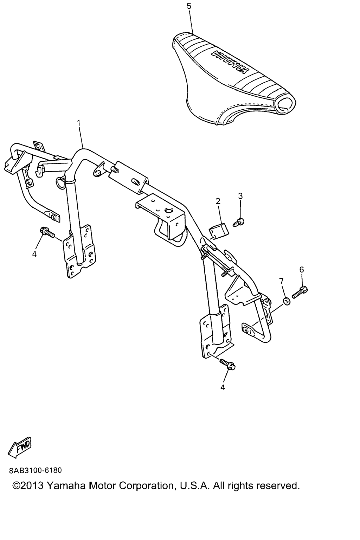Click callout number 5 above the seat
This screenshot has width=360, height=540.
(189, 6)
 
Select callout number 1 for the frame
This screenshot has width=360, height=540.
(79, 123)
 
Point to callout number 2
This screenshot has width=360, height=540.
(218, 201)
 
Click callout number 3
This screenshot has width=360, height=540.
(240, 196)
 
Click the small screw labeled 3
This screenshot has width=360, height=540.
(239, 222)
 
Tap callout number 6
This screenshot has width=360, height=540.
(302, 269)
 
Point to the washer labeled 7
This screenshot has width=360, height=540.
(287, 301)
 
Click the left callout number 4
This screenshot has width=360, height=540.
(34, 254)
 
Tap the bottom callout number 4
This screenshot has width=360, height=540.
(223, 387)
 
